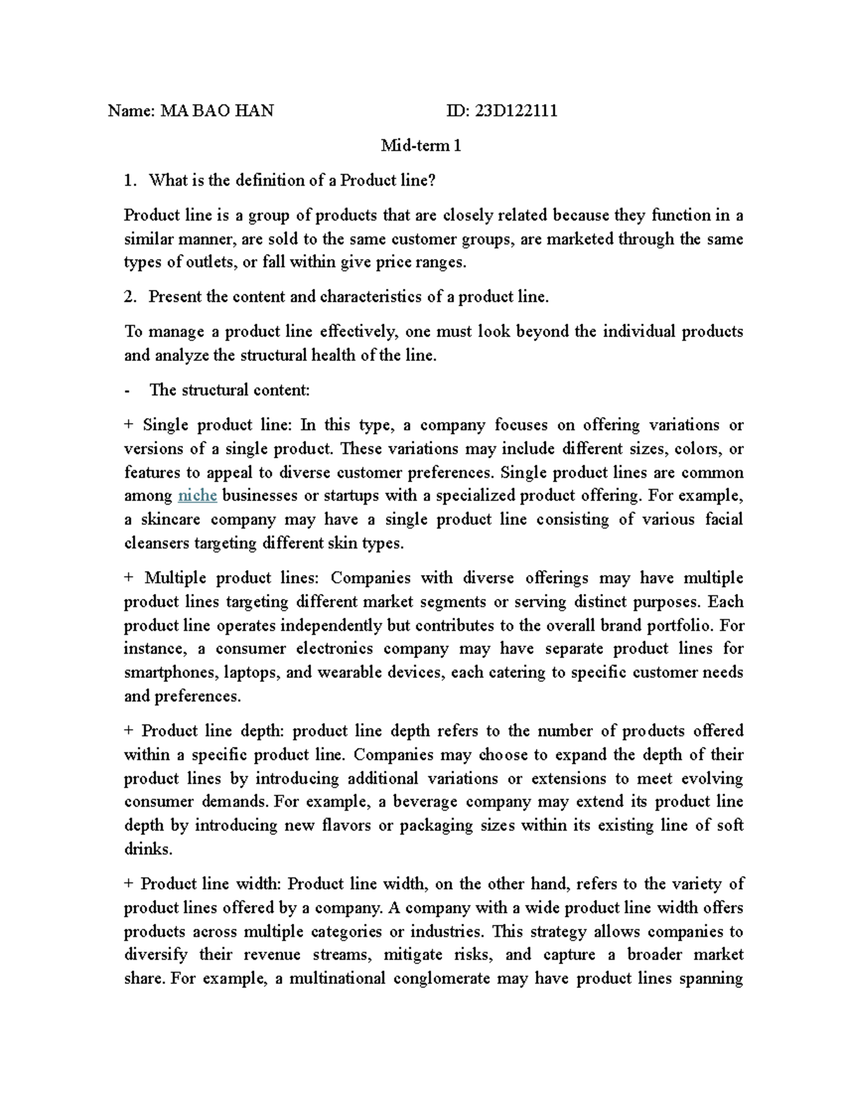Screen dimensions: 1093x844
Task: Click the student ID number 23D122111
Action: (x=516, y=110)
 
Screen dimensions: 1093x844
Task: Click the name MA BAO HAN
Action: (x=217, y=110)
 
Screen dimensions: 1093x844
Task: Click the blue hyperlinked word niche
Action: (x=197, y=495)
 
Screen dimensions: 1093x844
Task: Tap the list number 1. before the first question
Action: (x=129, y=180)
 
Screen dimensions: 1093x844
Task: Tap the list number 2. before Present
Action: (x=129, y=296)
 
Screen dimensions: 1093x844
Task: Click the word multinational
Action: (x=338, y=978)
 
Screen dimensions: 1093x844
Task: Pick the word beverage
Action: (x=425, y=802)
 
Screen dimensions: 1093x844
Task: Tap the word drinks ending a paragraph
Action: (x=146, y=849)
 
